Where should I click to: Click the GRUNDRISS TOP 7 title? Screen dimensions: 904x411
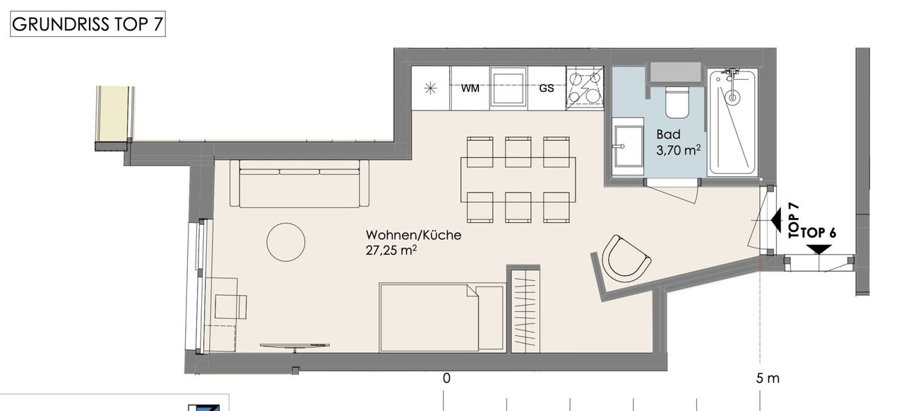pyautogui.click(x=88, y=24)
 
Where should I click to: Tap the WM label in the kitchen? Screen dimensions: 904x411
pyautogui.click(x=470, y=88)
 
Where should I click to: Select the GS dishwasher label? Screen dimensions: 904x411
pyautogui.click(x=547, y=88)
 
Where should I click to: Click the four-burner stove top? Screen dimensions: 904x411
pyautogui.click(x=585, y=88)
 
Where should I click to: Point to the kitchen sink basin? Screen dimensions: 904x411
pyautogui.click(x=508, y=88)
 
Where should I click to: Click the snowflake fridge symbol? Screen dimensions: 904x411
pyautogui.click(x=431, y=88)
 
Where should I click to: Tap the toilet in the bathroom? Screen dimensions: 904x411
pyautogui.click(x=677, y=102)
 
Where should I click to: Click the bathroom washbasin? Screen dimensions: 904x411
pyautogui.click(x=628, y=146)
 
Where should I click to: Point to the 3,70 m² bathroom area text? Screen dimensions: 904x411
pyautogui.click(x=679, y=151)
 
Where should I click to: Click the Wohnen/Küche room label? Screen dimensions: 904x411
pyautogui.click(x=413, y=235)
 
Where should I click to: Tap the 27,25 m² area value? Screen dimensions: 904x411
pyautogui.click(x=391, y=250)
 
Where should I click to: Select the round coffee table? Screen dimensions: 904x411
pyautogui.click(x=286, y=242)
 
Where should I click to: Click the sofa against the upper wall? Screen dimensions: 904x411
pyautogui.click(x=299, y=184)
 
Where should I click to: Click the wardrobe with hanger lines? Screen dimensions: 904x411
pyautogui.click(x=525, y=311)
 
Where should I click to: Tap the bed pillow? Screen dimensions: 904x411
pyautogui.click(x=490, y=318)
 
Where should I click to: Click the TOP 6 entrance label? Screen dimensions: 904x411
pyautogui.click(x=819, y=233)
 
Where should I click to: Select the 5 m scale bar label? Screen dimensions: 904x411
pyautogui.click(x=768, y=378)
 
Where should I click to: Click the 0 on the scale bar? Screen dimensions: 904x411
pyautogui.click(x=446, y=378)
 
